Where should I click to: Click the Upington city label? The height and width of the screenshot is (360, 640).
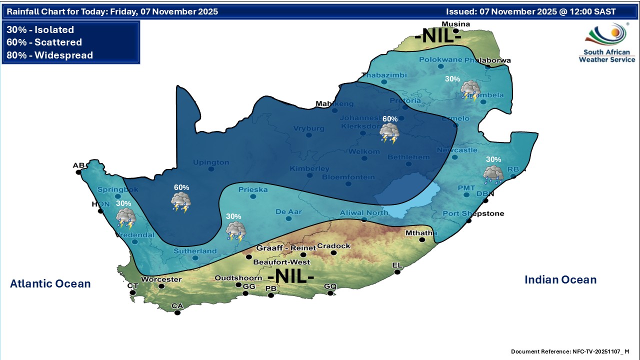211,162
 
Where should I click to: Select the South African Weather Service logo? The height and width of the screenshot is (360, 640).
606,43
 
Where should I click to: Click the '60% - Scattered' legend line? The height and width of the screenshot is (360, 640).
44,42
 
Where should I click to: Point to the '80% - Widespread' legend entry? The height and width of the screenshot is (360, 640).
50,55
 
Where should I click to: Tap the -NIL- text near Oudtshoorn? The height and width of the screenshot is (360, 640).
291,276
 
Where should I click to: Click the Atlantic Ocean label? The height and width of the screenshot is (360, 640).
50,284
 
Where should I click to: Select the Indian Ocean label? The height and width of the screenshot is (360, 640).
560,280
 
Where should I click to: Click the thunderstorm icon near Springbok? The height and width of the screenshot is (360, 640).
125,218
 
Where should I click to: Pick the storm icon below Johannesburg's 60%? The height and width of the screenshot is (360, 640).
389,133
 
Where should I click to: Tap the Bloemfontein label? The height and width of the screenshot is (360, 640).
348,177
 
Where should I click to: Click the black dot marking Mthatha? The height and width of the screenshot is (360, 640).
422,240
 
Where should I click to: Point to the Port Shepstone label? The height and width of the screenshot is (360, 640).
473,214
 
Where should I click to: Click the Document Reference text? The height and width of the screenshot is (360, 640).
570,352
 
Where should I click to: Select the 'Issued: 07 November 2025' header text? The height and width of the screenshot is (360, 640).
530,11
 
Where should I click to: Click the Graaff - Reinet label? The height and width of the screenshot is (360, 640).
286,248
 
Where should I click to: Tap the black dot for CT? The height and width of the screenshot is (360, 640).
132,292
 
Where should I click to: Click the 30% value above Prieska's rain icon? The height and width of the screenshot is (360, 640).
233,216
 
